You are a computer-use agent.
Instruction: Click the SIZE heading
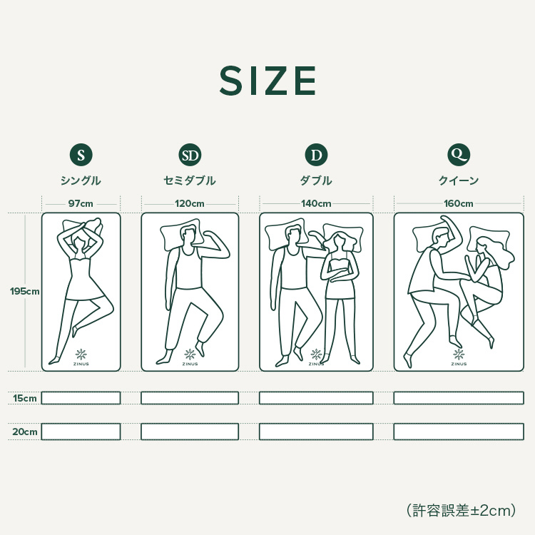267,81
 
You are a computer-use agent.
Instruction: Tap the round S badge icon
81,155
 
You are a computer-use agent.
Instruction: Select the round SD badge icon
190,155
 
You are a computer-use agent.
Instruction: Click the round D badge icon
316,155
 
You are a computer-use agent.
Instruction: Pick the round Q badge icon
459,155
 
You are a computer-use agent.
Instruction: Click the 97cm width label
81,204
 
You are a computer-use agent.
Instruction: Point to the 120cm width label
190,204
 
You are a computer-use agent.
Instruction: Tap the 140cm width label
316,204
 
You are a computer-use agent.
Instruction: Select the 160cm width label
459,204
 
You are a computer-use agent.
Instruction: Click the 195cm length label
24,291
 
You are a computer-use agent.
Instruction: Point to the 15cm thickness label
25,398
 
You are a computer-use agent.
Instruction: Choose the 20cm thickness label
25,432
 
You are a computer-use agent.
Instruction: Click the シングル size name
81,180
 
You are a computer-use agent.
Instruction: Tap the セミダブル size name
190,180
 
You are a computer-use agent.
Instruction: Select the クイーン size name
459,180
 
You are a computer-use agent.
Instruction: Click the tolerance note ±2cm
461,511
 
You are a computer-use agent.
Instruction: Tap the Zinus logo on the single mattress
81,357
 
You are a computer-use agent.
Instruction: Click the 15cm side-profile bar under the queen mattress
459,398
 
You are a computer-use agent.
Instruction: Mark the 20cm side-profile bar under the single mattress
81,432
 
